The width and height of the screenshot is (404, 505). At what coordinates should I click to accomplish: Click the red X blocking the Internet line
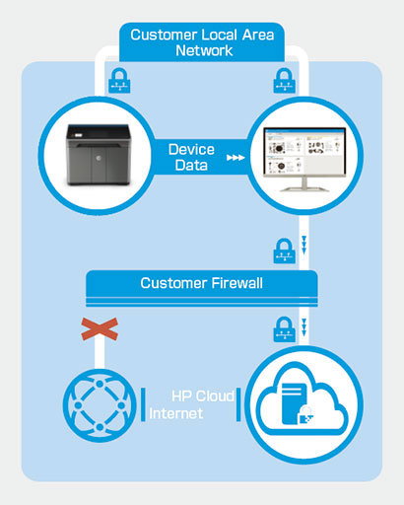point(100,329)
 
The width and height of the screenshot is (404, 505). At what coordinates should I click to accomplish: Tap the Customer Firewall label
point(202,283)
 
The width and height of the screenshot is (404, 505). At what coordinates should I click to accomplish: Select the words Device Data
point(191,157)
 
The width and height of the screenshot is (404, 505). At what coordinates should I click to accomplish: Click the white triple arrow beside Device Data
point(236,158)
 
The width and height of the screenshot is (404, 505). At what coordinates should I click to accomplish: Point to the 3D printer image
point(99,155)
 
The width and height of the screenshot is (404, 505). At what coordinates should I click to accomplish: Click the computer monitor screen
point(304,152)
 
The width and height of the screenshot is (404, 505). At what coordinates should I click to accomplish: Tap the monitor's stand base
point(304,188)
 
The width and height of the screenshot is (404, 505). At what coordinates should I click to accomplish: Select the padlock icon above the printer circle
point(119,81)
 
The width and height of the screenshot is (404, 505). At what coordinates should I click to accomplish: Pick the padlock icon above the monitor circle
point(285,81)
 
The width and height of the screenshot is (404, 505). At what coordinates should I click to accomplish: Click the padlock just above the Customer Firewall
point(285,251)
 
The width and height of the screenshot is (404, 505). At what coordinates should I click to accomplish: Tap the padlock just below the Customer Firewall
point(285,329)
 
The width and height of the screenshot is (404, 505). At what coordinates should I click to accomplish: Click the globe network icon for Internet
point(100,405)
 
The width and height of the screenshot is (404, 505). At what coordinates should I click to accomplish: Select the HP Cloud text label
point(203,397)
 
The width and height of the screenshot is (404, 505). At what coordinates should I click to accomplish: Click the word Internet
point(176,413)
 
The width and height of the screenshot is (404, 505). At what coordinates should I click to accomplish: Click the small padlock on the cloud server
point(306,415)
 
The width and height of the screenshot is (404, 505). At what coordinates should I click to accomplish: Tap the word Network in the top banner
point(204,50)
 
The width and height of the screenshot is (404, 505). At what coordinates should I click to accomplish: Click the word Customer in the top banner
point(164,35)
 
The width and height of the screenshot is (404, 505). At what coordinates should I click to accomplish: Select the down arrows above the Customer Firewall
point(304,245)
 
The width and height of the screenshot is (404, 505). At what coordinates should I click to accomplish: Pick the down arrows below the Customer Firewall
point(304,327)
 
